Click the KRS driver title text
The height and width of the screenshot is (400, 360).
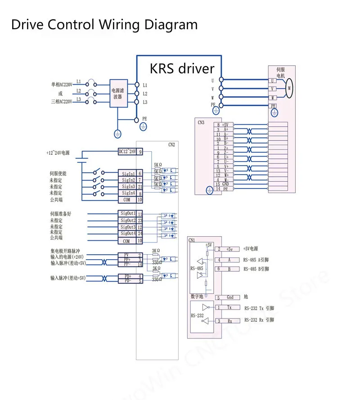pyautogui.click(x=182, y=68)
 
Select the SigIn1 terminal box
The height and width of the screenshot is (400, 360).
pyautogui.click(x=128, y=174)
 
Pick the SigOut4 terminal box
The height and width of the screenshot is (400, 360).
pyautogui.click(x=128, y=234)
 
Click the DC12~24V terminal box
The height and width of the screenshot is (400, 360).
pyautogui.click(x=127, y=152)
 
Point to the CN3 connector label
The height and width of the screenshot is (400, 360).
pyautogui.click(x=201, y=121)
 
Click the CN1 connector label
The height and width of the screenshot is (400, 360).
pyautogui.click(x=192, y=240)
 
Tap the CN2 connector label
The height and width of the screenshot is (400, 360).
pyautogui.click(x=171, y=145)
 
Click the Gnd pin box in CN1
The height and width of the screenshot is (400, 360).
pyautogui.click(x=229, y=297)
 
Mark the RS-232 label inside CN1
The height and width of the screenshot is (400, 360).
pyautogui.click(x=197, y=316)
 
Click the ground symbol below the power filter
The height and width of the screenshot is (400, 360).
pyautogui.click(x=117, y=134)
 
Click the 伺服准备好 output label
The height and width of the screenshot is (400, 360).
pyautogui.click(x=60, y=214)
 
